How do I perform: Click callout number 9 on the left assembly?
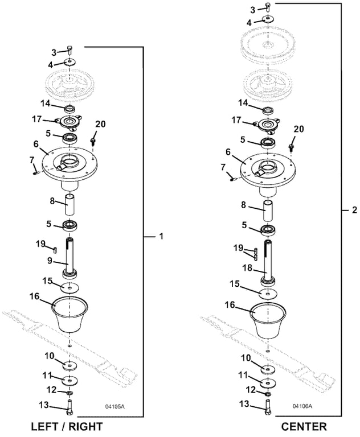pyautogui.click(x=51, y=261)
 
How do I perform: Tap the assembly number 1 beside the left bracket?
pyautogui.click(x=161, y=236)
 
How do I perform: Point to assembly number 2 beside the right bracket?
pyautogui.click(x=354, y=210)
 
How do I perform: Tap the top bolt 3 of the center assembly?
pyautogui.click(x=268, y=7)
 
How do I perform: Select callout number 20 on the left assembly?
pyautogui.click(x=100, y=124)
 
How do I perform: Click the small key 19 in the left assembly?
pyautogui.click(x=55, y=248)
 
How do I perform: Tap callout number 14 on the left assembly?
pyautogui.click(x=46, y=103)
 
